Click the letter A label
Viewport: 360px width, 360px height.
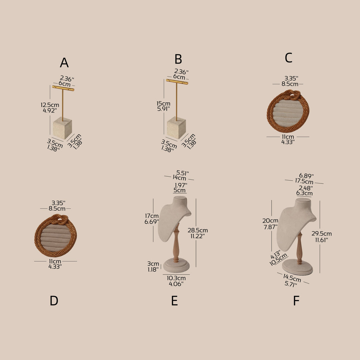[64, 62]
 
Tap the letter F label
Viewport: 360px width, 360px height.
[296, 300]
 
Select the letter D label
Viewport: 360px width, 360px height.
[54, 301]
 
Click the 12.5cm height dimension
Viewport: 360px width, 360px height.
[50, 105]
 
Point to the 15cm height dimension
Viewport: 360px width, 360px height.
[163, 104]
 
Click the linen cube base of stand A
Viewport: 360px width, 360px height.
[63, 128]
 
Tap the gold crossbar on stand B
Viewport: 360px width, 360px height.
[177, 82]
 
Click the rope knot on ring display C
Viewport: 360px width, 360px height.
[292, 95]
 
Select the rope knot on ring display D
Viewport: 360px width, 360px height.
[59, 219]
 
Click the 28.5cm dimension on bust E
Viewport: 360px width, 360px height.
[198, 230]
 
